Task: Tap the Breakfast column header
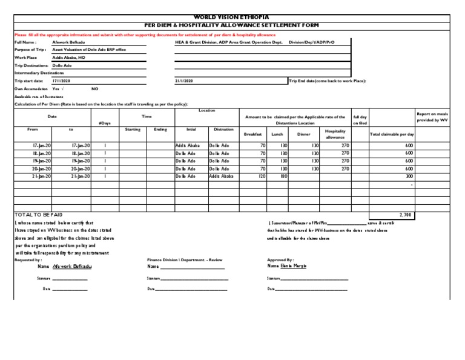click(x=252, y=133)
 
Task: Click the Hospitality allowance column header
click(x=335, y=133)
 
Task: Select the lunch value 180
click(x=283, y=176)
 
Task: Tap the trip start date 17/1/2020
click(x=62, y=80)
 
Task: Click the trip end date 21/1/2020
click(x=184, y=80)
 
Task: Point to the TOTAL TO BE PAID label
click(x=39, y=215)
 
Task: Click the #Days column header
click(x=105, y=123)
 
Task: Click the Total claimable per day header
click(x=392, y=133)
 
